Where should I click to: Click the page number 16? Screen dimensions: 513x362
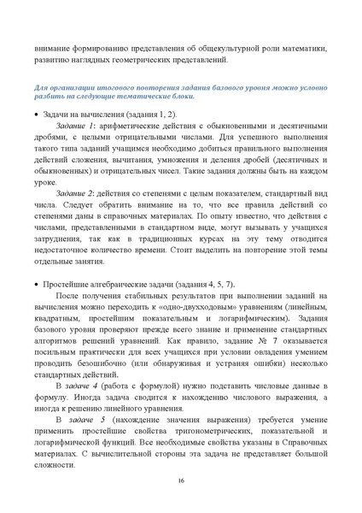(x=181, y=481)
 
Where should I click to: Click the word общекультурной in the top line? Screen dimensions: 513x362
(x=232, y=49)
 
